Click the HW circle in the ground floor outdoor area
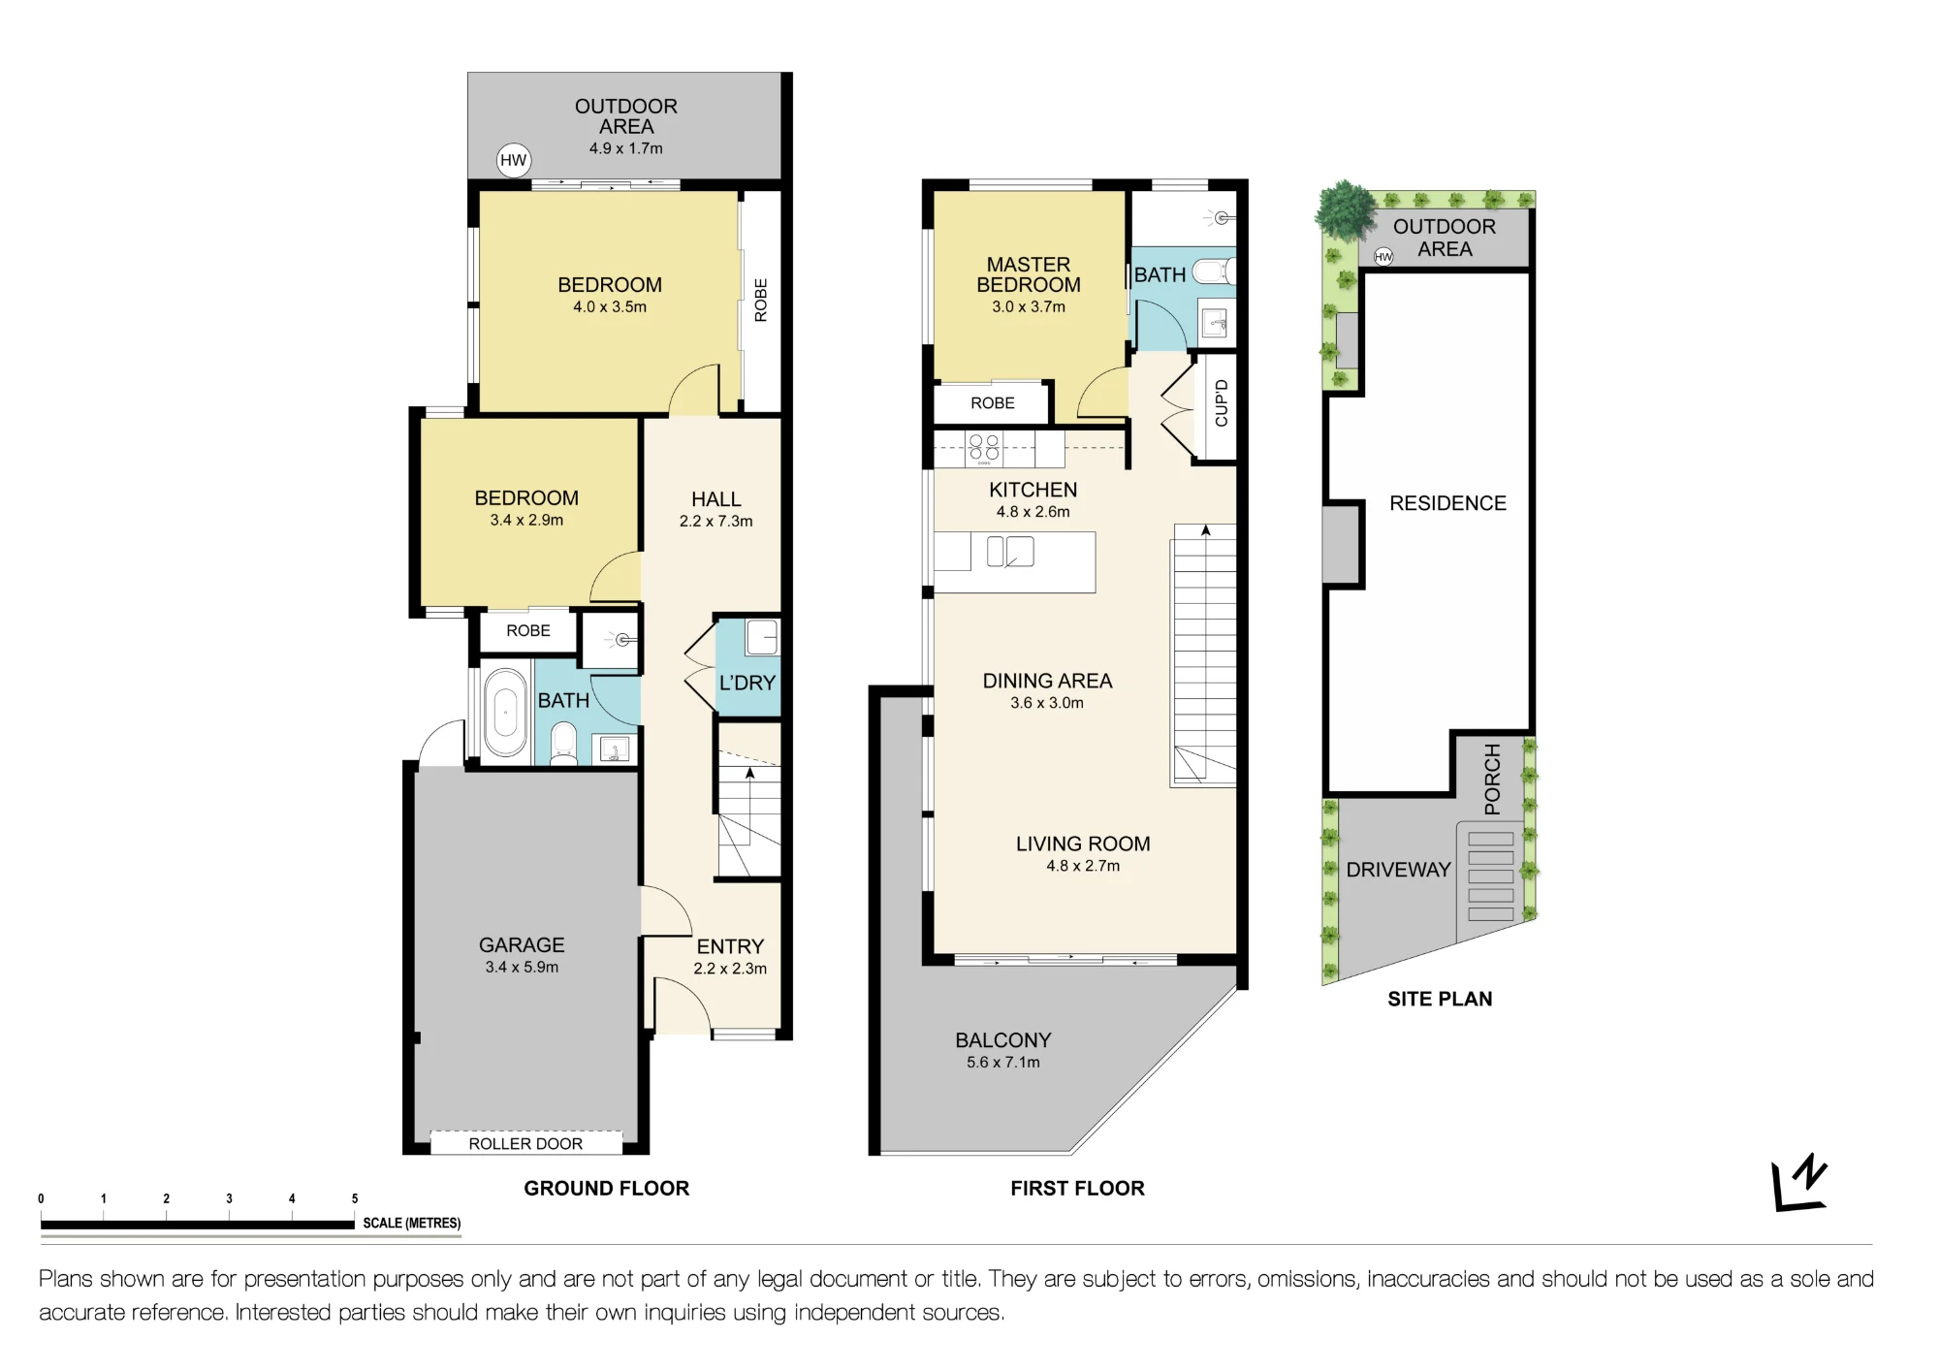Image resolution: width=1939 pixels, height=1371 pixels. coord(513,160)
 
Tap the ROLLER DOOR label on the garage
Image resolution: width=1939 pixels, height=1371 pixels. coord(525,1144)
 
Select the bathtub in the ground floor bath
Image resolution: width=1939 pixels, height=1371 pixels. coord(505,713)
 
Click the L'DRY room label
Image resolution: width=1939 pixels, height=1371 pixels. coord(747,683)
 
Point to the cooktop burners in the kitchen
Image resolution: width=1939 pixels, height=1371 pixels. coord(984,448)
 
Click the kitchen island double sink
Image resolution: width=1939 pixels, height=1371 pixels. coord(1010,552)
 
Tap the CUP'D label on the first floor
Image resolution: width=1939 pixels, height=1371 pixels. coord(1222,403)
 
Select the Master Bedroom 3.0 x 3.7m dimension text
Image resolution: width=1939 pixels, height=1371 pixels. coord(1029,307)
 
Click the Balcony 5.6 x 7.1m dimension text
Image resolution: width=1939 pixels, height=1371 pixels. coord(1003,1063)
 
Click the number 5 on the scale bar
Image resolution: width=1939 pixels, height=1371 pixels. coord(355,1199)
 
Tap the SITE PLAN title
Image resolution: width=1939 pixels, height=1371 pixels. coord(1440,999)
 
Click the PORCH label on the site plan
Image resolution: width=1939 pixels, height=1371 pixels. coord(1492,779)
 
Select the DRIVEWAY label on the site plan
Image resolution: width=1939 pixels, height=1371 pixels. coord(1398,870)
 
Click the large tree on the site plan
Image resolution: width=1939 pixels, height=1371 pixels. coord(1345,209)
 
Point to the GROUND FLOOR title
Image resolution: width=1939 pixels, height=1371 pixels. coord(607,1189)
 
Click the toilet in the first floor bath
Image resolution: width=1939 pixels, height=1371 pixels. coord(1214,271)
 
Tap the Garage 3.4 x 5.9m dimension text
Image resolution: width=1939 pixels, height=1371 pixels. coord(522,968)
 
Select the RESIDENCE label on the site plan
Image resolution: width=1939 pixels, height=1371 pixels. coord(1447,503)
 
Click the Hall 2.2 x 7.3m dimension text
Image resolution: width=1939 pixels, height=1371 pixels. coord(715,522)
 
